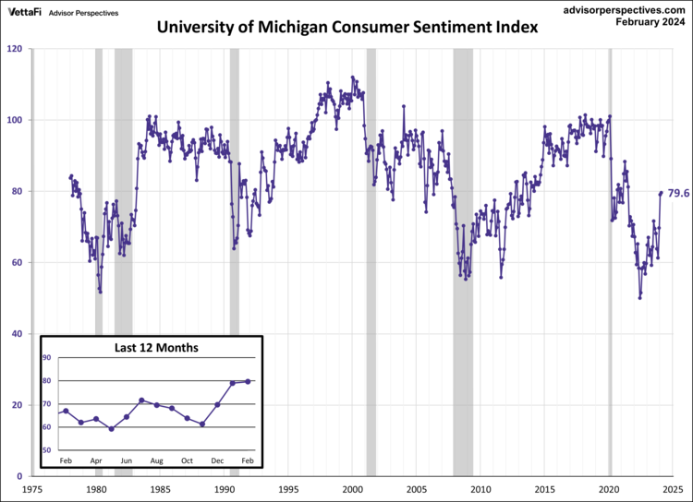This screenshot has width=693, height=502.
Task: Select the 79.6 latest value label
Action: [679, 192]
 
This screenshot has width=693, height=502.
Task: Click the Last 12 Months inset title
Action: [155, 348]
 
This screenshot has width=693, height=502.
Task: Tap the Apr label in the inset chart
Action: [96, 460]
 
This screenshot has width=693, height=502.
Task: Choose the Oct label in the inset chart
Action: [187, 460]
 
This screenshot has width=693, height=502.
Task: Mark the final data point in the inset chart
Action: [248, 381]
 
